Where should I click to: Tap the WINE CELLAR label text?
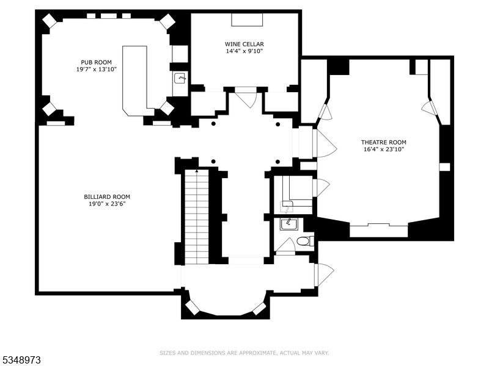244,44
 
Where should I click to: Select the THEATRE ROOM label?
383,142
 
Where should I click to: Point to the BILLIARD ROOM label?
107,196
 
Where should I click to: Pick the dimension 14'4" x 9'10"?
244,51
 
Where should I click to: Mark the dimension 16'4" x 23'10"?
383,149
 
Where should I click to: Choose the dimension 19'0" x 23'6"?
107,204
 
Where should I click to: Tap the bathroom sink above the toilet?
288,224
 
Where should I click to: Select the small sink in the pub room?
180,78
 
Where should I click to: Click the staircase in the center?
197,217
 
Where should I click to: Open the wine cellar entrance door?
246,98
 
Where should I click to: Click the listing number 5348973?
21,360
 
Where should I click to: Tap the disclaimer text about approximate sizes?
244,353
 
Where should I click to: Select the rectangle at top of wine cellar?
247,20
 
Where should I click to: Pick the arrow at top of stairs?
197,171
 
